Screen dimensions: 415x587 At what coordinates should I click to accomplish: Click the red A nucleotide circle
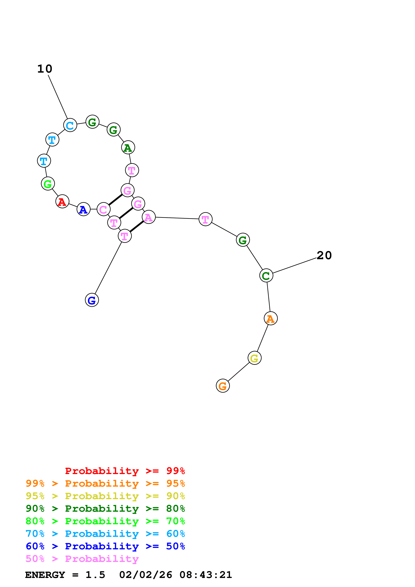click(x=62, y=201)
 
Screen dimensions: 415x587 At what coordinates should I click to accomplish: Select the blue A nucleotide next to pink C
click(x=83, y=209)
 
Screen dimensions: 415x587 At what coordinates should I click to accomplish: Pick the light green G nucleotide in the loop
click(x=48, y=184)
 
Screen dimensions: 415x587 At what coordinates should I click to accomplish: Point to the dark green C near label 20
click(x=266, y=276)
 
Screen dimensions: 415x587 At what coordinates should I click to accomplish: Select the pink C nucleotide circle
click(x=103, y=209)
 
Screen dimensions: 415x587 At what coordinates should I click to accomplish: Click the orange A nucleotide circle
click(x=271, y=318)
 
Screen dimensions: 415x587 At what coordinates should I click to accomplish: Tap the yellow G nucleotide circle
click(x=254, y=358)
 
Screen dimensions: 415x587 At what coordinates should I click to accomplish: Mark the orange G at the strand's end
click(x=223, y=386)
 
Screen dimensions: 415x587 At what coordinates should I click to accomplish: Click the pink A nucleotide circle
click(x=148, y=217)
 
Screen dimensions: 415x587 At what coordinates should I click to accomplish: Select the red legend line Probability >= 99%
click(x=125, y=471)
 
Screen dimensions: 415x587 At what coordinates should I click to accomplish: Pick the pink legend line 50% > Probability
click(x=82, y=559)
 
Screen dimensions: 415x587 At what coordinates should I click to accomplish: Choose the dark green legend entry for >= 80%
click(x=105, y=509)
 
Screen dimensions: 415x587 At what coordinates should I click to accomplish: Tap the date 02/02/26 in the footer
click(x=145, y=575)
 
